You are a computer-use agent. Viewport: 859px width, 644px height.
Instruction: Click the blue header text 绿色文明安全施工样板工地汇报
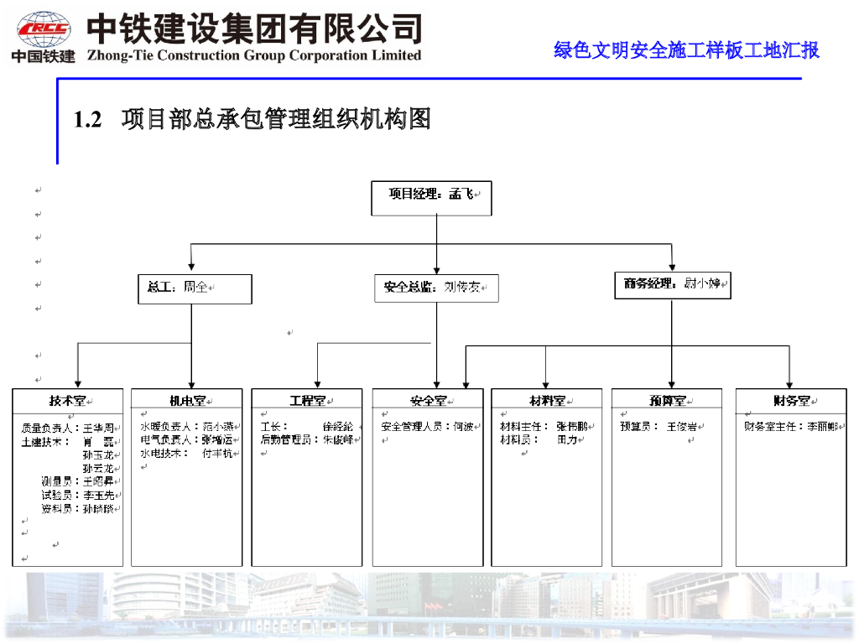686,50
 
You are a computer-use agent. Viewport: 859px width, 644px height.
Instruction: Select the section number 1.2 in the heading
87,120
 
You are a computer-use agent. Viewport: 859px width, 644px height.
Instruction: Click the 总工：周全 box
195,288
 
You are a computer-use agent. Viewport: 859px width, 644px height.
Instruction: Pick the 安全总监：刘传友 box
436,288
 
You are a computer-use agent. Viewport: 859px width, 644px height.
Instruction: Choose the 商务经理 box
672,285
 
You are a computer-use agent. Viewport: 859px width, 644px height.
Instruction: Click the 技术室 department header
67,401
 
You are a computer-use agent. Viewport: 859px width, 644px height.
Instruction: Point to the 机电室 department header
187,401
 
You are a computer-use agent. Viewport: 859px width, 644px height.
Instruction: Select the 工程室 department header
307,401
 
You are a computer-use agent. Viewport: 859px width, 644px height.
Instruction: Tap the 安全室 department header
428,401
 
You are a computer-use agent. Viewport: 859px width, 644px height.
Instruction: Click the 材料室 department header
547,401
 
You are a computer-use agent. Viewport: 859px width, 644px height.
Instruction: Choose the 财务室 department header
791,401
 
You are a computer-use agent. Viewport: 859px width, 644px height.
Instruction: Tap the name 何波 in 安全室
464,426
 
